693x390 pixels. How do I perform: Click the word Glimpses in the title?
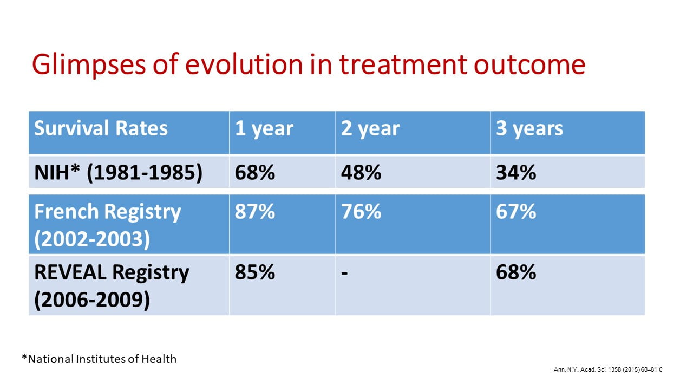click(x=88, y=65)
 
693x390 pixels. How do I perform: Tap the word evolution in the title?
click(x=244, y=64)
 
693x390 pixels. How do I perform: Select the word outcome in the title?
click(x=529, y=65)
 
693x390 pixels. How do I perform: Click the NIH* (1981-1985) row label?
click(x=118, y=172)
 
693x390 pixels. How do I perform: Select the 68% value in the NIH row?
click(x=254, y=172)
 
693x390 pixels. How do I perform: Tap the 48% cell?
click(x=361, y=172)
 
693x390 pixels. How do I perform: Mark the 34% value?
click(x=516, y=172)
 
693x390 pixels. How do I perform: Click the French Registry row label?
click(x=107, y=225)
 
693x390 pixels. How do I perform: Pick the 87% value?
click(x=254, y=211)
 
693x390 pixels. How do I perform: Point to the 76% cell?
click(x=361, y=211)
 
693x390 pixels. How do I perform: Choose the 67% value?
click(x=516, y=211)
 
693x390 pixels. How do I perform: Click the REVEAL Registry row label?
click(x=112, y=286)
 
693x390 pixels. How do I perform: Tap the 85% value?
click(x=254, y=272)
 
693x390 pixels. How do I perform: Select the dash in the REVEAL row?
click(x=345, y=274)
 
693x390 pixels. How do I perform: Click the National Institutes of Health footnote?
click(x=99, y=359)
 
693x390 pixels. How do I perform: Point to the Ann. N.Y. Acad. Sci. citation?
click(x=608, y=369)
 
